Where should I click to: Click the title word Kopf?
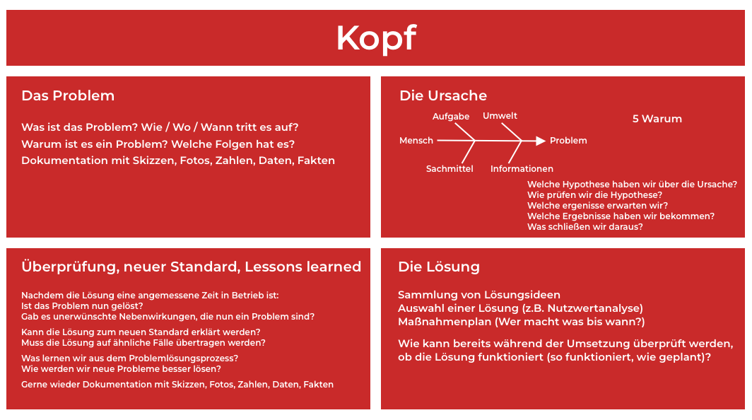[x=376, y=38]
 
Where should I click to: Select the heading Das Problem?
[x=68, y=95]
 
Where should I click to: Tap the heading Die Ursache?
[x=443, y=95]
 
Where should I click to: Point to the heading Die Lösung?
[x=439, y=267]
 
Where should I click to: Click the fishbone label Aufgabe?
[x=451, y=116]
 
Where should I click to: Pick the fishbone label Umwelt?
[x=500, y=115]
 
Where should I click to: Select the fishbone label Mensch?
[x=416, y=141]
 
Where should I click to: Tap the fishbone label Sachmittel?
[x=450, y=169]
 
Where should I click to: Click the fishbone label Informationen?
[x=522, y=169]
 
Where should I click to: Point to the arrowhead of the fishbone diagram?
[x=541, y=141]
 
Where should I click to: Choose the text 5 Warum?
[x=657, y=119]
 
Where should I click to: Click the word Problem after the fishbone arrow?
[x=568, y=141]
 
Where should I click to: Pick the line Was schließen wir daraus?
[x=584, y=227]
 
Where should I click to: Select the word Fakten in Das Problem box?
[x=316, y=161]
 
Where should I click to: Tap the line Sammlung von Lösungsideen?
[x=479, y=295]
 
